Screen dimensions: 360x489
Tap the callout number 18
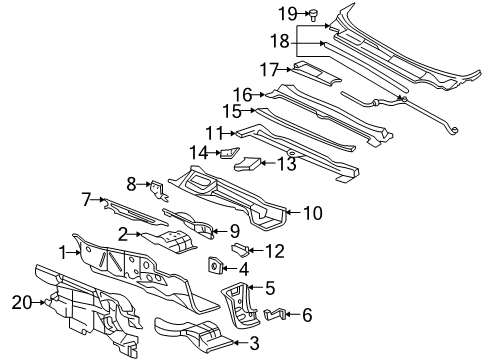tap(281, 41)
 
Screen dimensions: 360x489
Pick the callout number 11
tap(212, 131)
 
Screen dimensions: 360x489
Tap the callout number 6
tap(306, 316)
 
